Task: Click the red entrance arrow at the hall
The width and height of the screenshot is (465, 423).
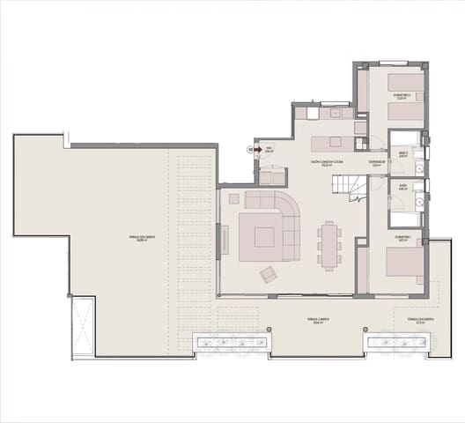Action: pos(258,150)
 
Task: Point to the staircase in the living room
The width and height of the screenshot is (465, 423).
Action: pos(347,186)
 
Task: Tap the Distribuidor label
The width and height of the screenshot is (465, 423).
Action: pos(376,162)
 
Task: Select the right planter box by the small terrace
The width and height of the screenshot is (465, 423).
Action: pos(397,343)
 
